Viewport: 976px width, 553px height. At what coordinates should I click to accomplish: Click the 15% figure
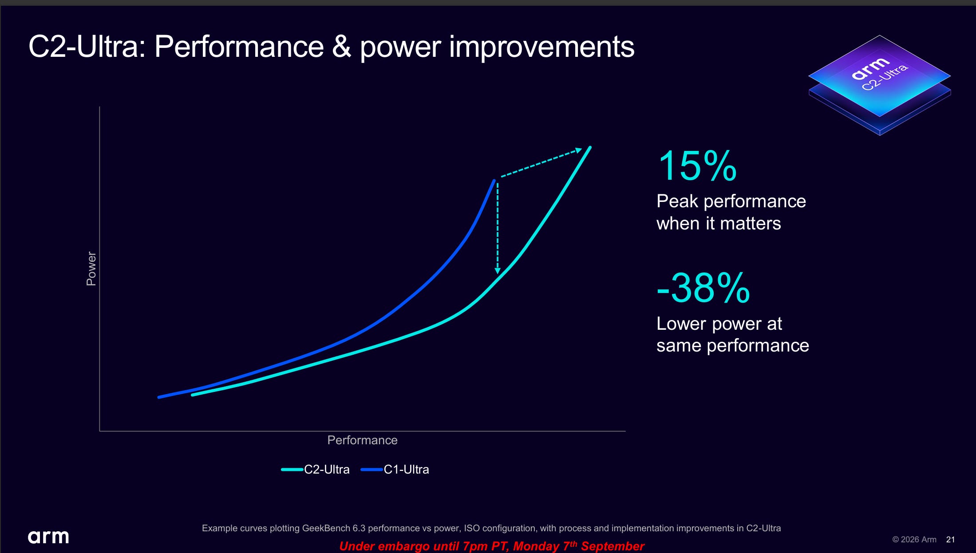[x=697, y=166]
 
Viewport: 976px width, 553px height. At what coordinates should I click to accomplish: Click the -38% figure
[x=703, y=288]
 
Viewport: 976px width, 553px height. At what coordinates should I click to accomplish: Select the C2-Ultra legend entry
[x=316, y=470]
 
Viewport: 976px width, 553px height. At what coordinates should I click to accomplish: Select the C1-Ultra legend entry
[x=395, y=470]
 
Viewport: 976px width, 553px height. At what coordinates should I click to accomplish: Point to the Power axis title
[x=91, y=269]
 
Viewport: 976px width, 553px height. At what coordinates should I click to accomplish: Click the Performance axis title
[x=362, y=440]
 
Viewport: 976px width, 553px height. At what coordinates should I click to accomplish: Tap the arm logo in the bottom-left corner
[x=48, y=537]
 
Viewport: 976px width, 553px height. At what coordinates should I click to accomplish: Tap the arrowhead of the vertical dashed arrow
[x=498, y=270]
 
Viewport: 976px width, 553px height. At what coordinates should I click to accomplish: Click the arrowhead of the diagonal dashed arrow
[x=579, y=150]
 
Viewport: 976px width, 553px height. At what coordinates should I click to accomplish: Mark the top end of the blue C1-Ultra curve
[x=494, y=181]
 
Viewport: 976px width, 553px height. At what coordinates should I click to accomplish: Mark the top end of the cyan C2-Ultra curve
[x=590, y=147]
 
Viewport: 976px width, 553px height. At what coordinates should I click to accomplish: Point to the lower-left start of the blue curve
[x=159, y=397]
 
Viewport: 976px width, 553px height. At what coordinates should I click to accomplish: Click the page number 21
[x=950, y=540]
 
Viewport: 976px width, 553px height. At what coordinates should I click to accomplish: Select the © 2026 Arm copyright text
[x=914, y=540]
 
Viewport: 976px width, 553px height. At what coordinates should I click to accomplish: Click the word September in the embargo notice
[x=612, y=546]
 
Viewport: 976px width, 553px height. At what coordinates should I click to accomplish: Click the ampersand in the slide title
[x=341, y=47]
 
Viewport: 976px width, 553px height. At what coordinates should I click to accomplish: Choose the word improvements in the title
[x=541, y=47]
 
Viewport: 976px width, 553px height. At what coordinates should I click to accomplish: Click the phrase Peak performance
[x=731, y=201]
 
